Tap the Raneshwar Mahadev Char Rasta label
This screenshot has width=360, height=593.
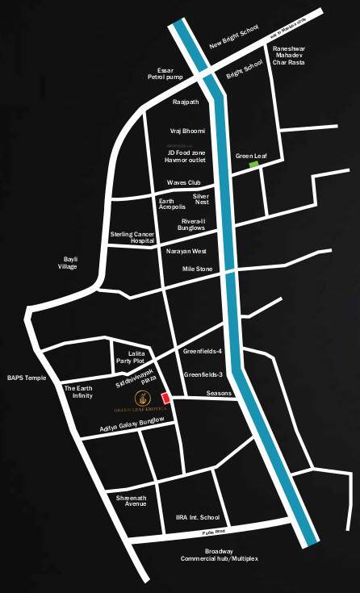tap(290, 57)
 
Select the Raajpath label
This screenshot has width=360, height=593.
tap(185, 102)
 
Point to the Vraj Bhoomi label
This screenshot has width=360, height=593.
tap(187, 131)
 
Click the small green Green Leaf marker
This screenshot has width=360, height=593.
tap(253, 165)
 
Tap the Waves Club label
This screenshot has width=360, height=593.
tap(183, 182)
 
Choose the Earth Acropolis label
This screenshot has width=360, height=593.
tap(172, 203)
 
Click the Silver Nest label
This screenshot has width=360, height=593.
tap(201, 198)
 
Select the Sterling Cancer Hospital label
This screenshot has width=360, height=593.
tap(132, 237)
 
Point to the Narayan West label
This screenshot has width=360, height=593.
tap(186, 251)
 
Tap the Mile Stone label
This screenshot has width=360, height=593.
tap(197, 269)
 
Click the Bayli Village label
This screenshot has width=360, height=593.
tap(65, 262)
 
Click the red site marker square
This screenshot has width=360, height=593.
tap(166, 398)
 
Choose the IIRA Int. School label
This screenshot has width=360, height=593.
tap(198, 517)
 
